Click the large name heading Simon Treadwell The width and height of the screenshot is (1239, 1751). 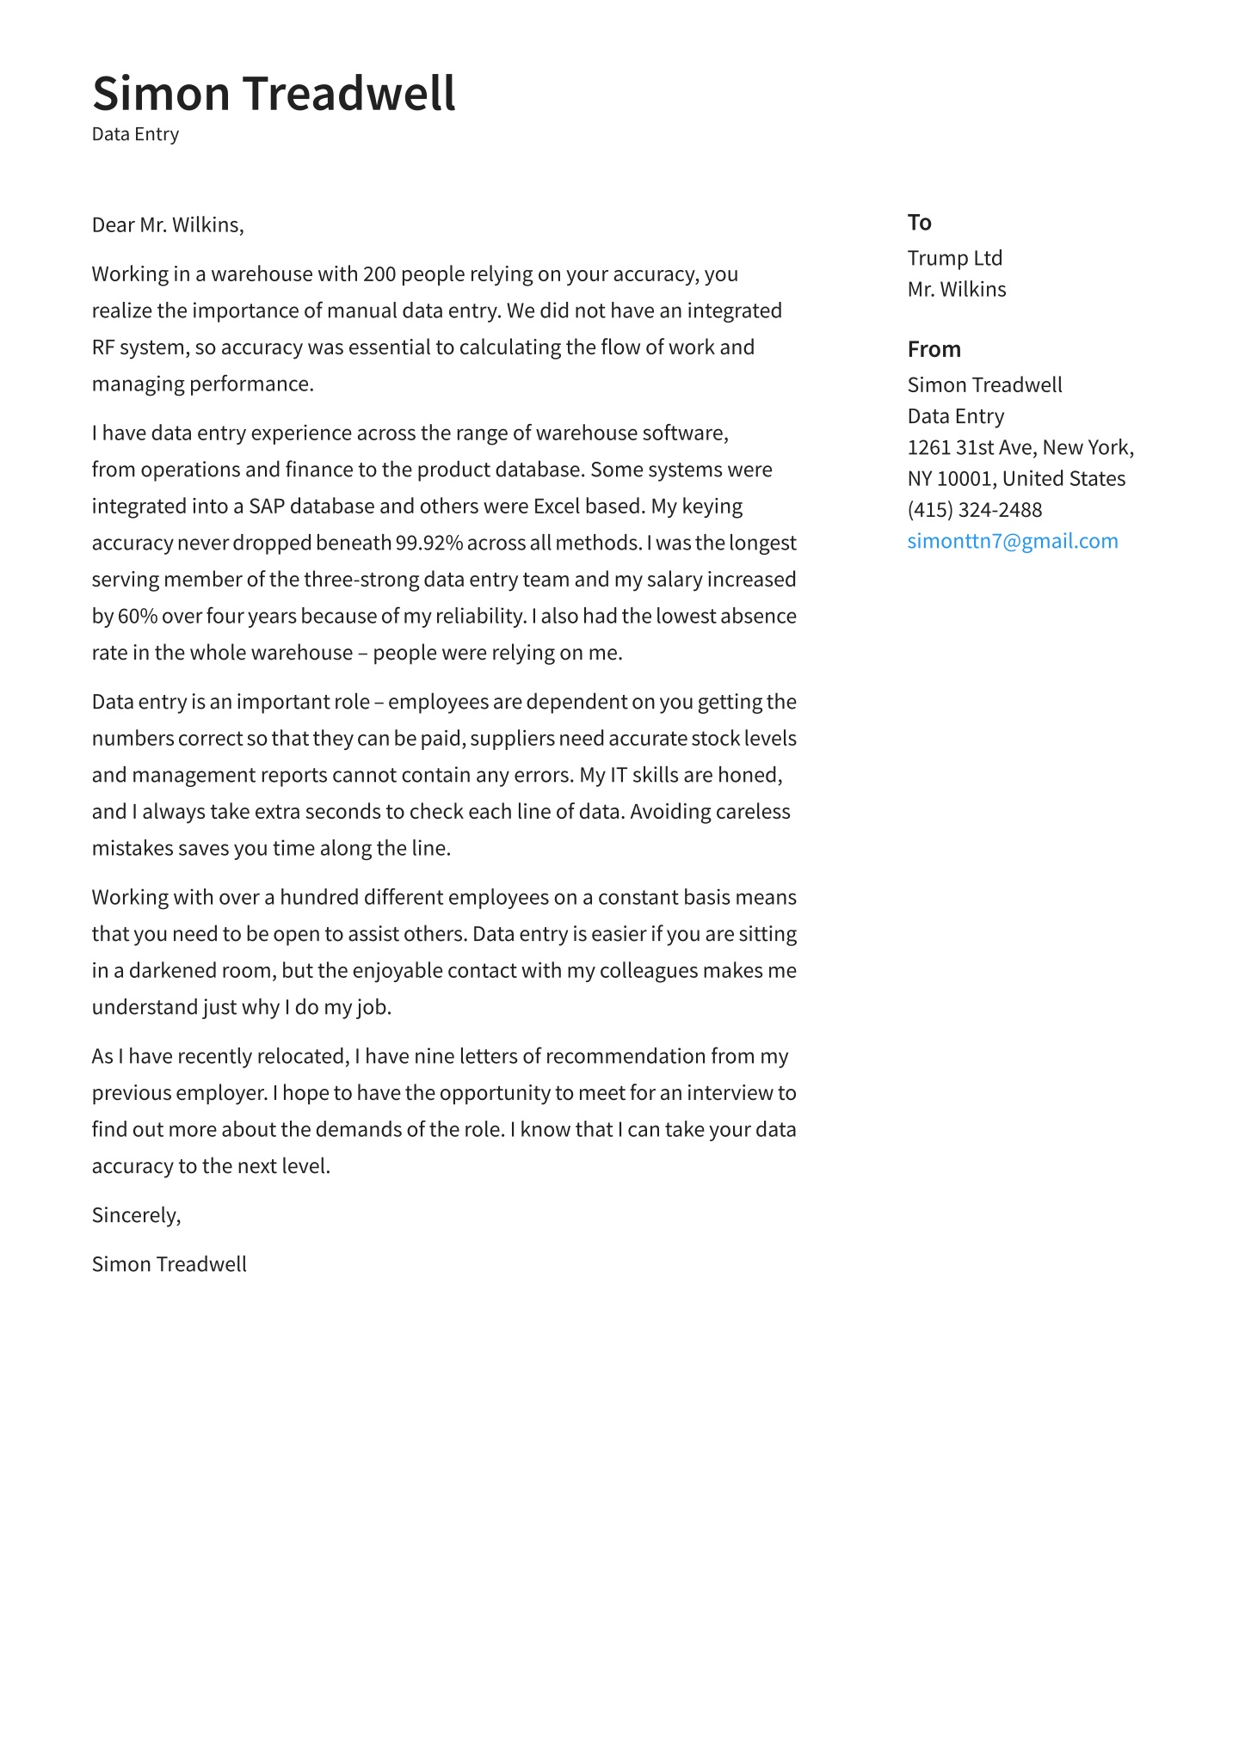[274, 93]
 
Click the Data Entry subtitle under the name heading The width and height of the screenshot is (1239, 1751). [135, 134]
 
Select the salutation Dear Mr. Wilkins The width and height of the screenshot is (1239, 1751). [168, 225]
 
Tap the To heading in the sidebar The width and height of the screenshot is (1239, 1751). [919, 223]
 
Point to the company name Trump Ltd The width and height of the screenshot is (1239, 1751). [954, 258]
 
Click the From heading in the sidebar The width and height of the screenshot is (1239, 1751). [934, 349]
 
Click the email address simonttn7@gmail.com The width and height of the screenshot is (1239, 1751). [1012, 541]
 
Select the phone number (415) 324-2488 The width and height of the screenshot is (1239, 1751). [974, 510]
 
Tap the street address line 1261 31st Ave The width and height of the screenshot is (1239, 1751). [971, 447]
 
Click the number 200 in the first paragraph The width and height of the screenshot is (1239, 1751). [379, 274]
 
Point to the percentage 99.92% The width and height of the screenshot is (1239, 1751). [428, 544]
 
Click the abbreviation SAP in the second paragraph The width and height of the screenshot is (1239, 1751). [266, 507]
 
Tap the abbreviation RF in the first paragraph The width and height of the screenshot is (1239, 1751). [102, 347]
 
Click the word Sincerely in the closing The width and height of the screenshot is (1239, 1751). [134, 1215]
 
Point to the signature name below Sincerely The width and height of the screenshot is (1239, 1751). [169, 1264]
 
